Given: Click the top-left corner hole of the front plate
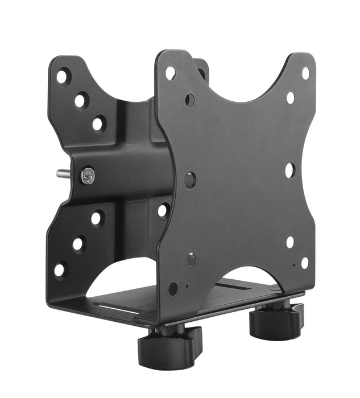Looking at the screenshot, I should pos(170,73).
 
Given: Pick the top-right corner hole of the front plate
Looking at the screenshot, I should pos(305,73).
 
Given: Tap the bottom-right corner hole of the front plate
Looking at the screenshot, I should pos(304,263).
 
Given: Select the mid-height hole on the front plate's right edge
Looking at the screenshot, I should pos(289,169).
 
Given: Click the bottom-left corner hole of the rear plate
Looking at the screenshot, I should pos(60,270).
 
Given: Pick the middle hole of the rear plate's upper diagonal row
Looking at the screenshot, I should pos(81,101).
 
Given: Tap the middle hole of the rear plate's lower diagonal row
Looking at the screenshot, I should pos(78,244).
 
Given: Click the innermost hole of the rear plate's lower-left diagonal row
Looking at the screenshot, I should pos(97,218).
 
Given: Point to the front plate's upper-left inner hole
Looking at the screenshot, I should pos(189,100).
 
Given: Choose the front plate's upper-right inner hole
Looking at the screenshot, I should pos(291,98).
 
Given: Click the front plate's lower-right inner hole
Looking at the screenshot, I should pos(290,242).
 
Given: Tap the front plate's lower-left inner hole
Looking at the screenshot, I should pos(191,259).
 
